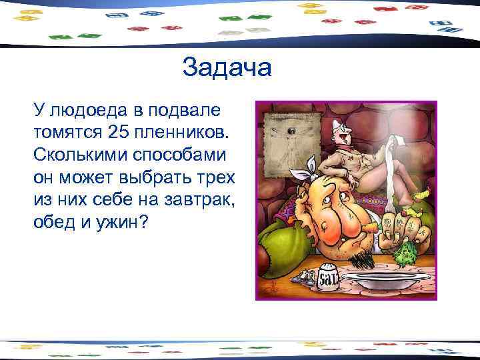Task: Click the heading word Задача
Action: pos(227,67)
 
